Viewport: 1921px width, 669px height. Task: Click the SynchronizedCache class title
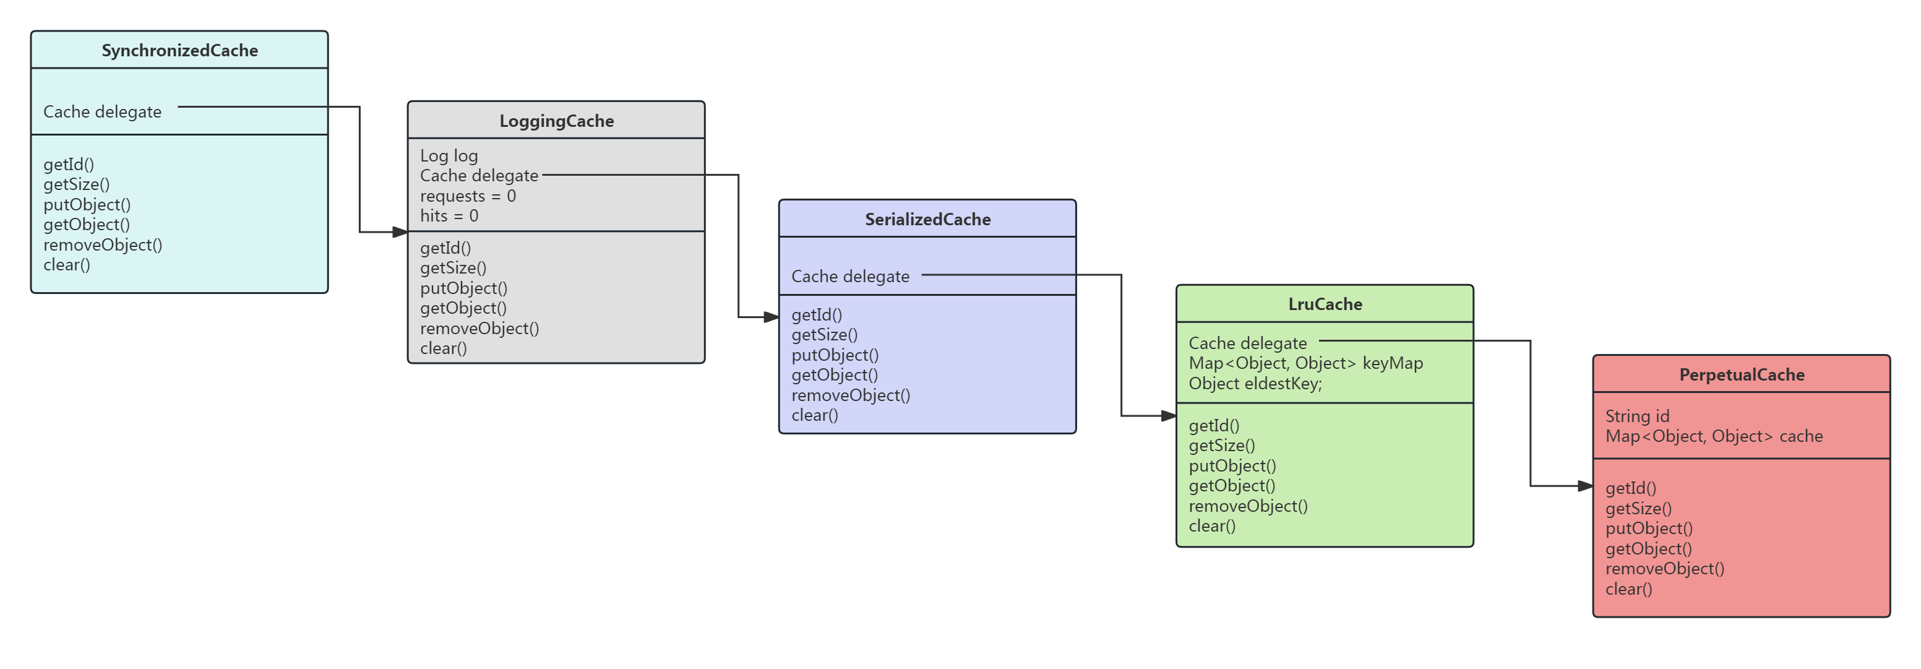[x=179, y=50]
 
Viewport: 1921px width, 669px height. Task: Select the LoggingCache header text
[x=556, y=121]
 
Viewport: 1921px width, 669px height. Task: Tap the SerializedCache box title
[x=927, y=219]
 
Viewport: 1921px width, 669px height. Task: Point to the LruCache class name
[x=1325, y=304]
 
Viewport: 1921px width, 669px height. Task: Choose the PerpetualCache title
[x=1742, y=375]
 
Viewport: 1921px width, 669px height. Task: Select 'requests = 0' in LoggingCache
[x=468, y=196]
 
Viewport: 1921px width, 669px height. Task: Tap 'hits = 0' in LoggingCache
[x=449, y=216]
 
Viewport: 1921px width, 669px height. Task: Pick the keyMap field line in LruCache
[x=1305, y=363]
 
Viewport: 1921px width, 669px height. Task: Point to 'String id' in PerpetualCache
[x=1637, y=416]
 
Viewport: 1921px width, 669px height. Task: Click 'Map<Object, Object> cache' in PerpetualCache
[x=1713, y=436]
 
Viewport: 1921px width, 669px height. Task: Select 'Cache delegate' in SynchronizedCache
[x=102, y=112]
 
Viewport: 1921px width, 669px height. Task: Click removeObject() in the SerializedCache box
[x=850, y=395]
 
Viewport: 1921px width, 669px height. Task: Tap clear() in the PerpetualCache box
[x=1628, y=589]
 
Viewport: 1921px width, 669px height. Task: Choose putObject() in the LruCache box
[x=1232, y=465]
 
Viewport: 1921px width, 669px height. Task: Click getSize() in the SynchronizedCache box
[x=76, y=184]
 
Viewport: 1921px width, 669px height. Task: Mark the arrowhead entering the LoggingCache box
[x=400, y=232]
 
